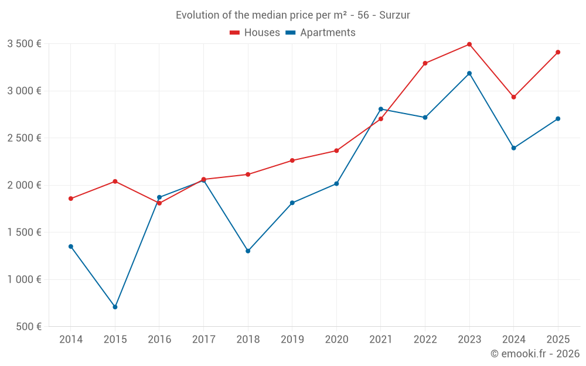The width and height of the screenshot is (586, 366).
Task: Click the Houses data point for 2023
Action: [469, 45]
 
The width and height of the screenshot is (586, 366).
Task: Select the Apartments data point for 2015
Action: [115, 307]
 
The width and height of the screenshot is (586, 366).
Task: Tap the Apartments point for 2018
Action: [248, 251]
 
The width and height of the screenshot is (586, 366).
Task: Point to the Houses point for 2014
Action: [71, 199]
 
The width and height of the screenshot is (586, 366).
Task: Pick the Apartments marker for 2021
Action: [381, 109]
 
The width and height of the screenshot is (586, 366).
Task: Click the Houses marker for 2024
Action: [514, 97]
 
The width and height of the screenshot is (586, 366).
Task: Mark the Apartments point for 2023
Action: [469, 73]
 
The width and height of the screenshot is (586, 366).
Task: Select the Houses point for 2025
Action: [558, 52]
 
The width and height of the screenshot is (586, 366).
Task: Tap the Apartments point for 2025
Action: [558, 119]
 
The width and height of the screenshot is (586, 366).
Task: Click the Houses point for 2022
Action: [425, 63]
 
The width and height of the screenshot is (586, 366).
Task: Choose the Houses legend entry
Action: [255, 33]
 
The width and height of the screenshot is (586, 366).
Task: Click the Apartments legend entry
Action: [321, 33]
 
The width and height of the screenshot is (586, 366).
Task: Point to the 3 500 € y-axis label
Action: [24, 43]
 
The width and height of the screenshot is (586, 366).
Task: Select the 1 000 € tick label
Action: [24, 279]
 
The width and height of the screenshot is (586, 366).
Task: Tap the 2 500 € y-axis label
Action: [24, 138]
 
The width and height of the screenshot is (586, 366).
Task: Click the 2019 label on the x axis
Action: [292, 339]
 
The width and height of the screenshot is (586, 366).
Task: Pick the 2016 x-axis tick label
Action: [159, 339]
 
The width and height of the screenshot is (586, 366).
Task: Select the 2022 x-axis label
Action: [425, 339]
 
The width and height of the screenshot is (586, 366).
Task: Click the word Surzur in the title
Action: [394, 15]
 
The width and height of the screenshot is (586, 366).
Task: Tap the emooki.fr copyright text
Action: [534, 353]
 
